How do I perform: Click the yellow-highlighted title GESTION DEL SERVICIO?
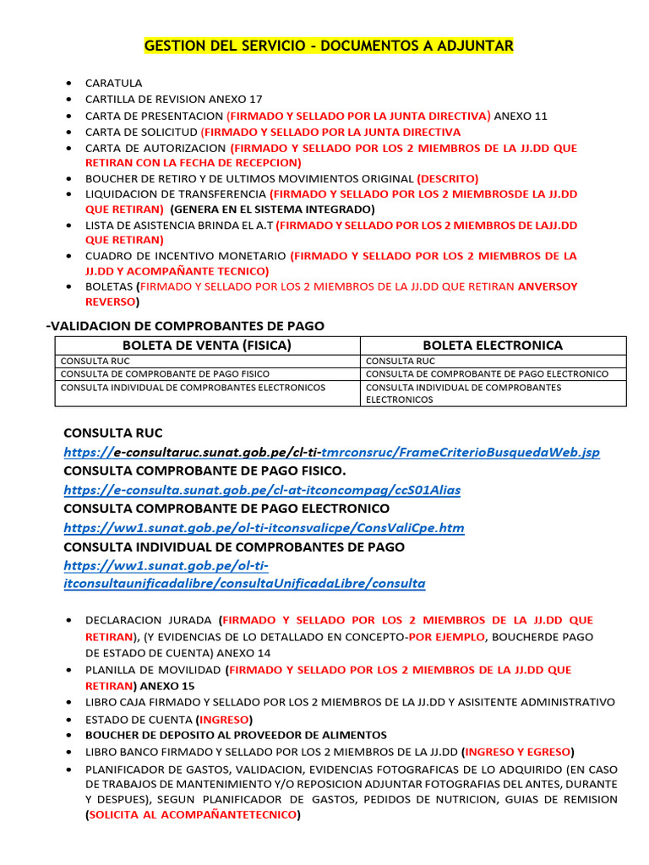pos(329,46)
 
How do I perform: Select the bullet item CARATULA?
pos(114,83)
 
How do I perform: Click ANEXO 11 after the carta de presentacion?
pos(521,116)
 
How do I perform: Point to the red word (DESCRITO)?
pos(448,178)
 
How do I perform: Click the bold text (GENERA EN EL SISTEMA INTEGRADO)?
pos(272,209)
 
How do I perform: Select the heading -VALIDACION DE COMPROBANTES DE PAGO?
pos(184,326)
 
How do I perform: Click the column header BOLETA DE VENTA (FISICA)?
pos(207,345)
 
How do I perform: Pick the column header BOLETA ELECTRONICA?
pos(492,345)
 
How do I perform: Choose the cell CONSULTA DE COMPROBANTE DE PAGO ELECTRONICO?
pos(487,373)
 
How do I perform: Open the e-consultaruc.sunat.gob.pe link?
pos(331,452)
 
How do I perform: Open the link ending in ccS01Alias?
pos(262,489)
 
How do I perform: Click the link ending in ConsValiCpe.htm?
pos(264,528)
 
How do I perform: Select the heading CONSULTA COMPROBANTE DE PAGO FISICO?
pos(205,471)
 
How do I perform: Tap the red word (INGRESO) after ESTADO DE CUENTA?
pos(224,719)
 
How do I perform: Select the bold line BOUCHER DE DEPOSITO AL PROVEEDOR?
pos(236,735)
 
